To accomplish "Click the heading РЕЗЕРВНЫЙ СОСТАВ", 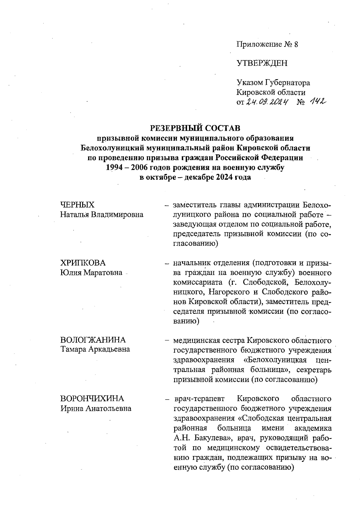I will [195, 128].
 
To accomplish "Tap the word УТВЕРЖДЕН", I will [262, 63].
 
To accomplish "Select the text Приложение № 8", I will [267, 44].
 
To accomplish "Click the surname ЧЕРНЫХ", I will [77, 205].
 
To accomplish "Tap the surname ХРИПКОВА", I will [83, 263].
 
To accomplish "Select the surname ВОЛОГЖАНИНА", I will [93, 340].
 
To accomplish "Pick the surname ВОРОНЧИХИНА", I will [92, 399].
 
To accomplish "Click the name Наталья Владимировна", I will [102, 215].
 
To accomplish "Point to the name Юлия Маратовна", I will [91, 273].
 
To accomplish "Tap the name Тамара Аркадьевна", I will [95, 349].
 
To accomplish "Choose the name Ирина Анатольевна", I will [96, 409].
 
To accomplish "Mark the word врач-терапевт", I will [199, 399].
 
